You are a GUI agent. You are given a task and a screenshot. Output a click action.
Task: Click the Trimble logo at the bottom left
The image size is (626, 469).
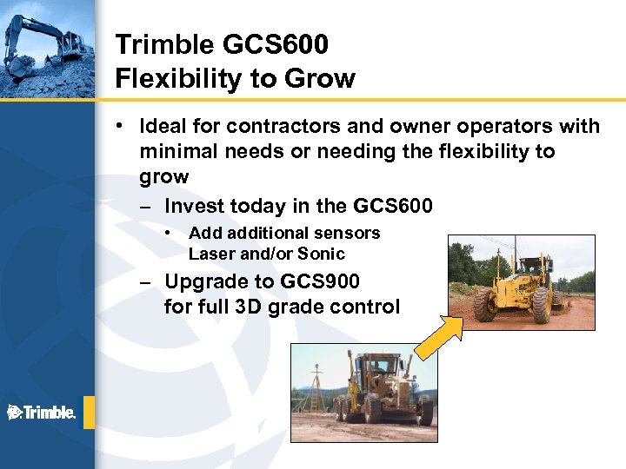click(x=42, y=413)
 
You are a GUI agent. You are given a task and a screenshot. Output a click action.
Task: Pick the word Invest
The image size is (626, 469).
click(x=193, y=207)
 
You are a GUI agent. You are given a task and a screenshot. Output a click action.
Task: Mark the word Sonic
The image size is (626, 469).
click(x=321, y=254)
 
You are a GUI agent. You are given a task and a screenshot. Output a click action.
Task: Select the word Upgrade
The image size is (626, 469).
click(x=201, y=281)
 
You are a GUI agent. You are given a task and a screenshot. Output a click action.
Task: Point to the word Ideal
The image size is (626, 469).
click(x=165, y=127)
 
